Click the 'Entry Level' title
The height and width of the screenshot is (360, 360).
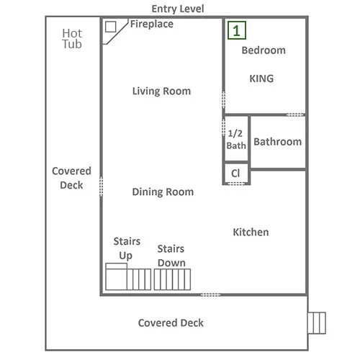click(178, 9)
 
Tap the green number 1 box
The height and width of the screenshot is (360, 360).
click(237, 30)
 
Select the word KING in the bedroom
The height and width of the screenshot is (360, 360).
click(261, 78)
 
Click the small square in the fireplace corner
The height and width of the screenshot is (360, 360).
click(111, 27)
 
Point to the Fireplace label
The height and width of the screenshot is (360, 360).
click(152, 24)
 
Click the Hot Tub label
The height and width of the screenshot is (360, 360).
click(72, 39)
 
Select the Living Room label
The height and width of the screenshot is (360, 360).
click(161, 91)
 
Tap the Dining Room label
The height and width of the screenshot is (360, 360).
click(163, 192)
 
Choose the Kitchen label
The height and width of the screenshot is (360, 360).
click(251, 232)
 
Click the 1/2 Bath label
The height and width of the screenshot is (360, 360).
click(236, 140)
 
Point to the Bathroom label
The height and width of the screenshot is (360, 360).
click(278, 142)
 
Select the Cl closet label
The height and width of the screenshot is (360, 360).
click(235, 174)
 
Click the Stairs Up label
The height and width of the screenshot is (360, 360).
click(127, 248)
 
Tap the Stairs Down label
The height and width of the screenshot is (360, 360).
click(171, 256)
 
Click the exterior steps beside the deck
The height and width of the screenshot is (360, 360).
click(317, 323)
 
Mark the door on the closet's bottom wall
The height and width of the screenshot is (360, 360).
click(236, 184)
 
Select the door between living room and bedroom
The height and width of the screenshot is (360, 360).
click(223, 99)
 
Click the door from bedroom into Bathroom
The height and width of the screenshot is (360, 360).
click(295, 115)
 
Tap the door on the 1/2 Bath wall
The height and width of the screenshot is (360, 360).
click(223, 128)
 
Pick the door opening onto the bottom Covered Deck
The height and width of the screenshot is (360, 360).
click(210, 294)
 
